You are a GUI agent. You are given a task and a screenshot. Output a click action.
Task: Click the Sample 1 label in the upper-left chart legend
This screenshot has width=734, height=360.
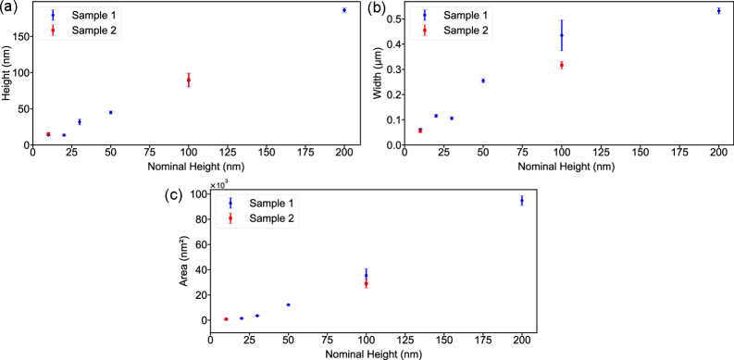click(95, 16)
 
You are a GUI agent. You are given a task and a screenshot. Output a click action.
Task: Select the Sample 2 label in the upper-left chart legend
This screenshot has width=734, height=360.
click(95, 31)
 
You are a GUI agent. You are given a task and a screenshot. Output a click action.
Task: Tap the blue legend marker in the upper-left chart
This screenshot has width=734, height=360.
click(53, 16)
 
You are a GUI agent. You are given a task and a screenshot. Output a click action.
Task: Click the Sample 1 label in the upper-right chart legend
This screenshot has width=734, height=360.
click(466, 16)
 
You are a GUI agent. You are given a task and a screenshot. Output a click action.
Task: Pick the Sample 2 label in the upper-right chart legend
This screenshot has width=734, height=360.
click(466, 31)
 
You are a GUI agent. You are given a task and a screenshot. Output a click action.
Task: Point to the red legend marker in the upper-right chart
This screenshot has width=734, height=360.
click(424, 31)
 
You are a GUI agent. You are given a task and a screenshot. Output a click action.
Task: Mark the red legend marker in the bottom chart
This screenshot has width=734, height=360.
click(230, 218)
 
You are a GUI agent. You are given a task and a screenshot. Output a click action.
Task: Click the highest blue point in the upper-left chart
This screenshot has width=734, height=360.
click(344, 10)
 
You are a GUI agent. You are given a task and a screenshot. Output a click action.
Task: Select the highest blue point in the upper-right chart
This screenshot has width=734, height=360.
click(718, 11)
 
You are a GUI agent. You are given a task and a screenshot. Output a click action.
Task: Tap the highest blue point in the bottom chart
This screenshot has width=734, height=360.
click(367, 273)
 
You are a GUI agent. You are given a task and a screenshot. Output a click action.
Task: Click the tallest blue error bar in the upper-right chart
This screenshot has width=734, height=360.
click(562, 36)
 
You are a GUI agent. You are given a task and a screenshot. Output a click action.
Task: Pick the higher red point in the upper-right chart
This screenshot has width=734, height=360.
click(562, 65)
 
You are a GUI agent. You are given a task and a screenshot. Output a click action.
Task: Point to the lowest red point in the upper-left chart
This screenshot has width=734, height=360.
click(48, 134)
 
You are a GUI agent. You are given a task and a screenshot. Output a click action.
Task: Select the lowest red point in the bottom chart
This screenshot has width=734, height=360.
click(226, 319)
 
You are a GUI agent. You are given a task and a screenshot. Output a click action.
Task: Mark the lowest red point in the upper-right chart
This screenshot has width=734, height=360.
click(420, 130)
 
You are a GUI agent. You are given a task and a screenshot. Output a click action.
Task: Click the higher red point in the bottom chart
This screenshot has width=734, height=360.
click(367, 284)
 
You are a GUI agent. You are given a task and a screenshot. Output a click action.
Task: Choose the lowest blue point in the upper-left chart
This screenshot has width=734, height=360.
click(64, 135)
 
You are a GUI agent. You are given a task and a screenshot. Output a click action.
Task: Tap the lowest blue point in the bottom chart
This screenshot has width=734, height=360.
click(242, 318)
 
